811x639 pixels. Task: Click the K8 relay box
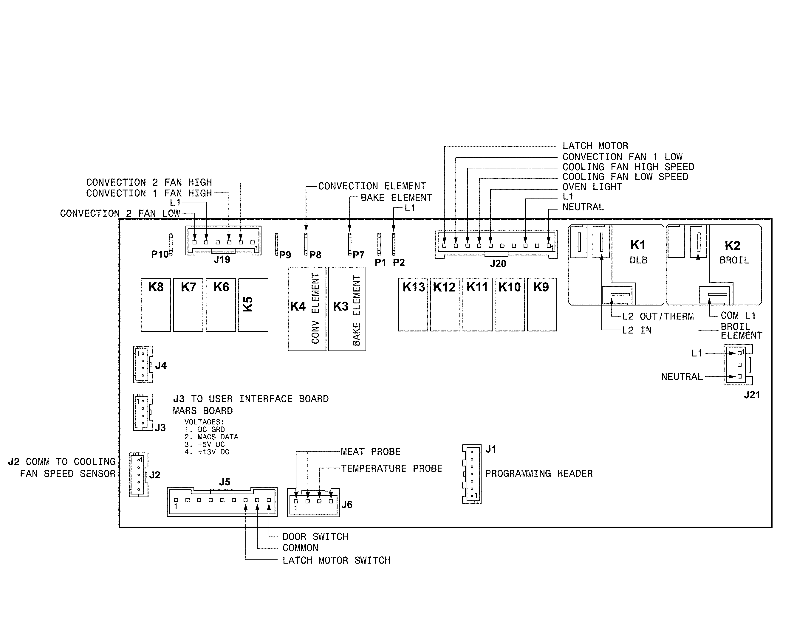point(156,305)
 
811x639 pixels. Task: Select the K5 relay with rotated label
point(253,305)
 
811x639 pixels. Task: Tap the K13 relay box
point(413,305)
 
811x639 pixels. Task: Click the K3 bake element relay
point(347,309)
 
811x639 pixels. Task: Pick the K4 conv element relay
point(307,309)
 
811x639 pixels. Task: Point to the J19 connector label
point(222,260)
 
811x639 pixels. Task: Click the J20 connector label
point(498,264)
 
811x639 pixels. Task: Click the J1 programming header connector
point(472,474)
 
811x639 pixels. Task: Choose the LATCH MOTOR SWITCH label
point(336,560)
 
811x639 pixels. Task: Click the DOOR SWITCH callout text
point(315,537)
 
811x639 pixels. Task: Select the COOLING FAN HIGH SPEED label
point(628,167)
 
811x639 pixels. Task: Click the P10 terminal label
point(160,255)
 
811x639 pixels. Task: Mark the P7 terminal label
point(358,255)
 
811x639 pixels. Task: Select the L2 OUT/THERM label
point(657,317)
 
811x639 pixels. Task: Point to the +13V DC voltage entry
point(207,452)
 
